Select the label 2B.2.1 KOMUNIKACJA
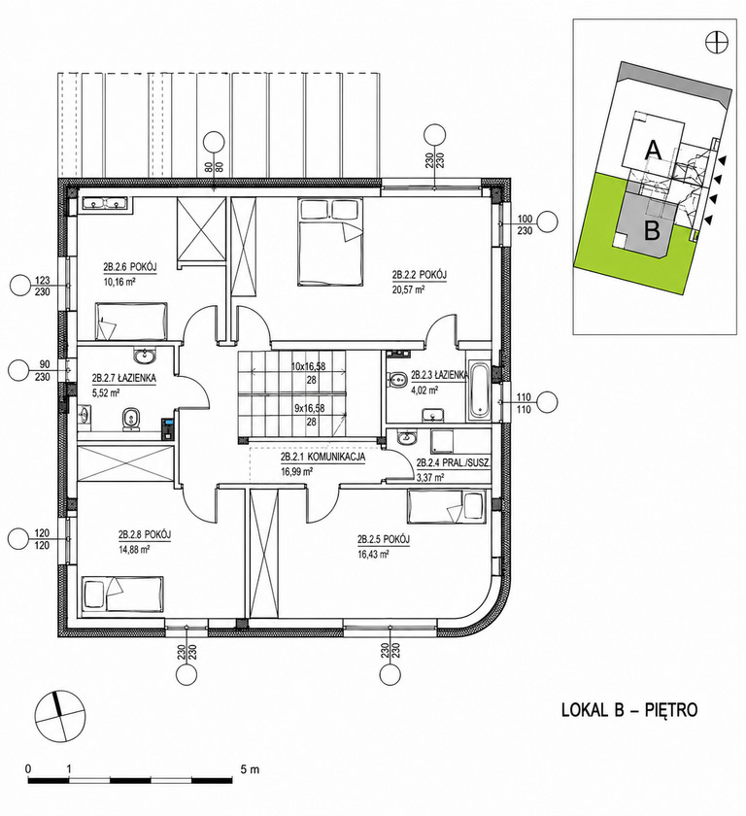pos(322,457)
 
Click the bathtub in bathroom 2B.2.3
pos(479,390)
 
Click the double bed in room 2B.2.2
pos(329,242)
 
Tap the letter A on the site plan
pos(654,151)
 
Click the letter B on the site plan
pos(652,230)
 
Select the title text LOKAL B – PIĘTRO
pos(629,710)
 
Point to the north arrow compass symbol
pos(59,715)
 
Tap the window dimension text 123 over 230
pos(43,287)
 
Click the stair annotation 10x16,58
pos(308,366)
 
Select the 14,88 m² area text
pos(134,548)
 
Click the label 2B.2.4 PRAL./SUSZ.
pos(454,462)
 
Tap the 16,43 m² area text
pos(374,555)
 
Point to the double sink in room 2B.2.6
pos(106,205)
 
